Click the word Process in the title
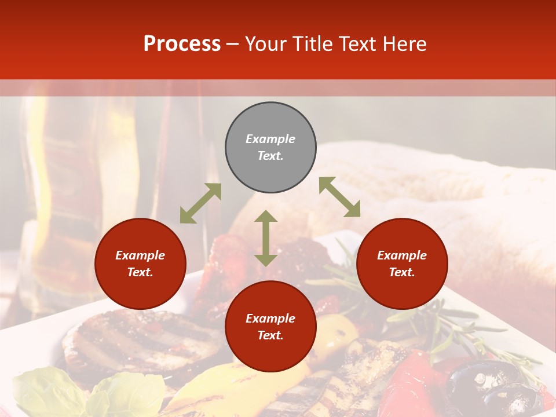182,44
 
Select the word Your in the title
264,44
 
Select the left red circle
140,264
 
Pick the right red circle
402,264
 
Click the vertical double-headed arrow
266,238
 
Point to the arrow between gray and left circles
200,203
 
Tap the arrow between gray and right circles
339,197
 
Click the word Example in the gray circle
270,139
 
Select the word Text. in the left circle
140,272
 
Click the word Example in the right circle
402,255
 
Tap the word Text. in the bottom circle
270,335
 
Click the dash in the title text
233,44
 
